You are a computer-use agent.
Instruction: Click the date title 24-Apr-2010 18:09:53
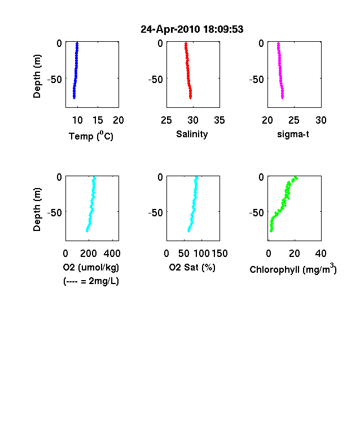[192, 29]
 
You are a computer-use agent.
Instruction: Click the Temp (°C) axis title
[91, 136]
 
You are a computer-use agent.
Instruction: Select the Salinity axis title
[192, 134]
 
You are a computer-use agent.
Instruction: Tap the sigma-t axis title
[293, 134]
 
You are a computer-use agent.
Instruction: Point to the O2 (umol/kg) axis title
[91, 267]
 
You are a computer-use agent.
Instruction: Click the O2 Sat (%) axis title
[192, 267]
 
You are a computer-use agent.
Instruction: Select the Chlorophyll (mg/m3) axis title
[293, 269]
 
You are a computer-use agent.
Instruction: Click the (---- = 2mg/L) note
[91, 281]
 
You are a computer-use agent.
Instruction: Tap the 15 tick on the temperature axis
[98, 120]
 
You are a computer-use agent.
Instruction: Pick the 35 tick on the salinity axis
[219, 120]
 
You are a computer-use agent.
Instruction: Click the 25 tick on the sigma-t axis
[294, 120]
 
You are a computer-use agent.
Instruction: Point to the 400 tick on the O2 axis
[112, 254]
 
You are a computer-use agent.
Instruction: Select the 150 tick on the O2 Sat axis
[219, 254]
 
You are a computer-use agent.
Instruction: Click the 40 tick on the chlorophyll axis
[321, 254]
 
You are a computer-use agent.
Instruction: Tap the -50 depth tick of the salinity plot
[156, 79]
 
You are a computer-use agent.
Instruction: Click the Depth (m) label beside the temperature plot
[37, 76]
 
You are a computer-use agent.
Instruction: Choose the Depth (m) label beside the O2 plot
[37, 210]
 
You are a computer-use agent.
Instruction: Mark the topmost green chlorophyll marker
[296, 178]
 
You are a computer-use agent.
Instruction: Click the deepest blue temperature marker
[74, 97]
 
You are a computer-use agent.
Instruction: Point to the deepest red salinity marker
[191, 97]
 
